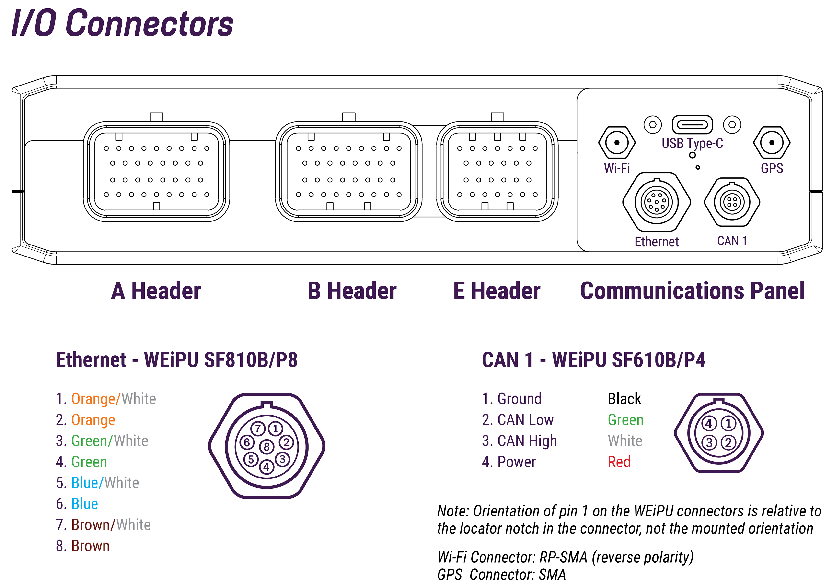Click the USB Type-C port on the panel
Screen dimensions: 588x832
(692, 125)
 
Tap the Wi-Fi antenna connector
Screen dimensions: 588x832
(616, 143)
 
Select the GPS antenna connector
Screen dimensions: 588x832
(772, 143)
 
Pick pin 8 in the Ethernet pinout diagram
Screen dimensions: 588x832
(267, 447)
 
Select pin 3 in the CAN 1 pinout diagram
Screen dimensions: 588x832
(709, 442)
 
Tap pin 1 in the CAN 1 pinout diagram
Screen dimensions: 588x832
(728, 423)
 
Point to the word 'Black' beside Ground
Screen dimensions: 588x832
(624, 399)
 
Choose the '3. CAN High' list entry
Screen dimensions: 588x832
(519, 441)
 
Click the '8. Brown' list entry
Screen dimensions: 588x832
(83, 546)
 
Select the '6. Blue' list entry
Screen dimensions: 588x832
(77, 504)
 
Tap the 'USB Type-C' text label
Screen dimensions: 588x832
(692, 143)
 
